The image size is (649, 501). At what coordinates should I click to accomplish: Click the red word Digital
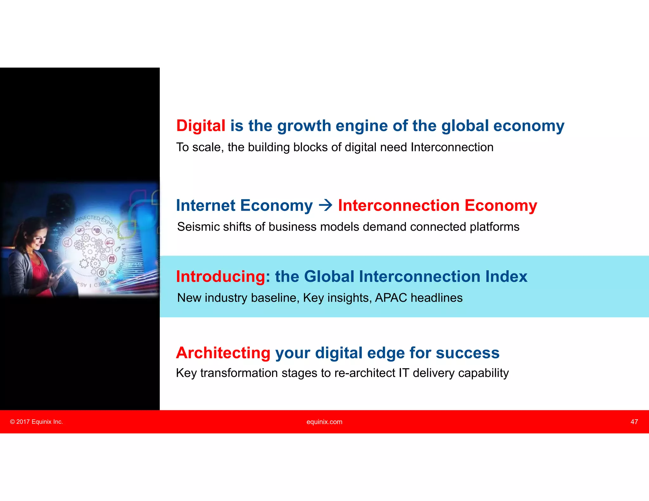click(x=201, y=126)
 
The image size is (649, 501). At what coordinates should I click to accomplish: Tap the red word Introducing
click(x=220, y=276)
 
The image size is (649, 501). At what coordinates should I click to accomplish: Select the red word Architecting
click(x=223, y=353)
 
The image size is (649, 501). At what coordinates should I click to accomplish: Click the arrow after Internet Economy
click(x=325, y=206)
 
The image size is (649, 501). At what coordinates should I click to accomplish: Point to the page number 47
click(x=634, y=422)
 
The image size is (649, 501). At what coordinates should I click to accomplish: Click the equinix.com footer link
click(x=324, y=422)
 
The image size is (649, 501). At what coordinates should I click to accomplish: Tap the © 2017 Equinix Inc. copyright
click(x=36, y=422)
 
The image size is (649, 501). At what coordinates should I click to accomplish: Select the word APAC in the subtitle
click(x=391, y=298)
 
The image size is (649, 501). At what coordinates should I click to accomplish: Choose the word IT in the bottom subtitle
click(x=404, y=373)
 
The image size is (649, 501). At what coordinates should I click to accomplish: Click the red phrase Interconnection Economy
click(x=437, y=206)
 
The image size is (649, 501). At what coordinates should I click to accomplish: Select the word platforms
click(x=494, y=227)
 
